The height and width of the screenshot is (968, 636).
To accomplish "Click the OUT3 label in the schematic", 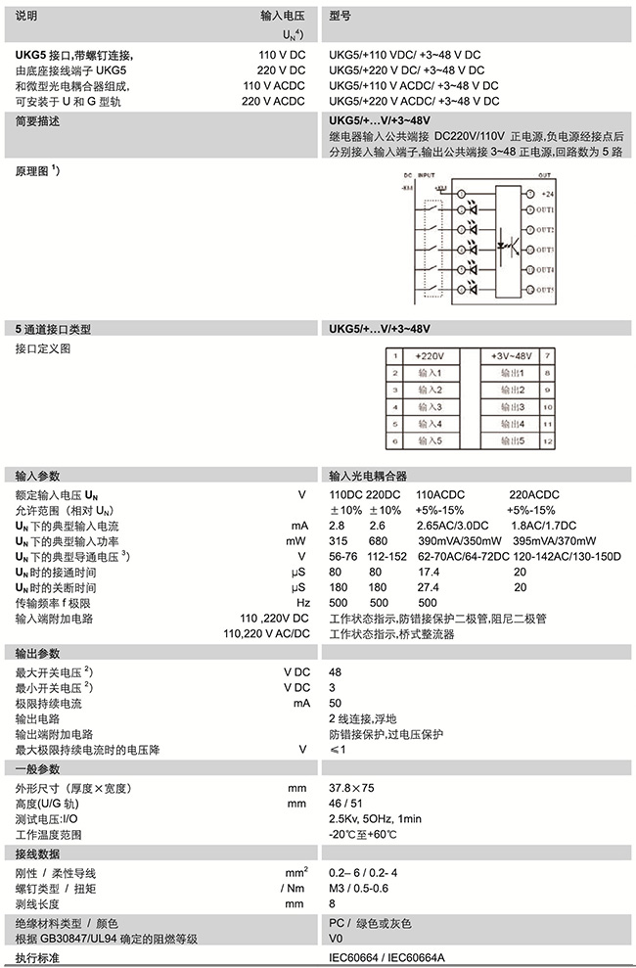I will (x=545, y=250).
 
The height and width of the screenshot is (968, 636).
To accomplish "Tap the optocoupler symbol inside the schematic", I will (x=509, y=240).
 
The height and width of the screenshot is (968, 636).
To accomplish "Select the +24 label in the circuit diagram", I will (x=545, y=195).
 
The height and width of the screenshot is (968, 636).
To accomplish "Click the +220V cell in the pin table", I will (x=431, y=356).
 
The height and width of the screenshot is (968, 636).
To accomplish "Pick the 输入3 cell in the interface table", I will (x=431, y=407).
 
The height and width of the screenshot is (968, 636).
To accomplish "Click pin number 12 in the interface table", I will (x=548, y=441).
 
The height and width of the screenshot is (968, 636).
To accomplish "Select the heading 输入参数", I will (x=38, y=475).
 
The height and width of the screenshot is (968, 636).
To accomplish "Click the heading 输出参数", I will (x=38, y=653).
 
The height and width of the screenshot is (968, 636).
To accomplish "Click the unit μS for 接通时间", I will (x=301, y=572).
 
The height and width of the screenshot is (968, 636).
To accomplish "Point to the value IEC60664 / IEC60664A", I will (x=384, y=957).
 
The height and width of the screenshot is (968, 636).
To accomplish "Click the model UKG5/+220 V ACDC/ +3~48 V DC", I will (x=414, y=101).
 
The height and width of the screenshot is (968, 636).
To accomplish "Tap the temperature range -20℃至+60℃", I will (x=362, y=835).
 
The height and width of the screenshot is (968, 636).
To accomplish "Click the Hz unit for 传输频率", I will (x=302, y=603).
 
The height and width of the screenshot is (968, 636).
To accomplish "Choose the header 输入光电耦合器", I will (x=368, y=475).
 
